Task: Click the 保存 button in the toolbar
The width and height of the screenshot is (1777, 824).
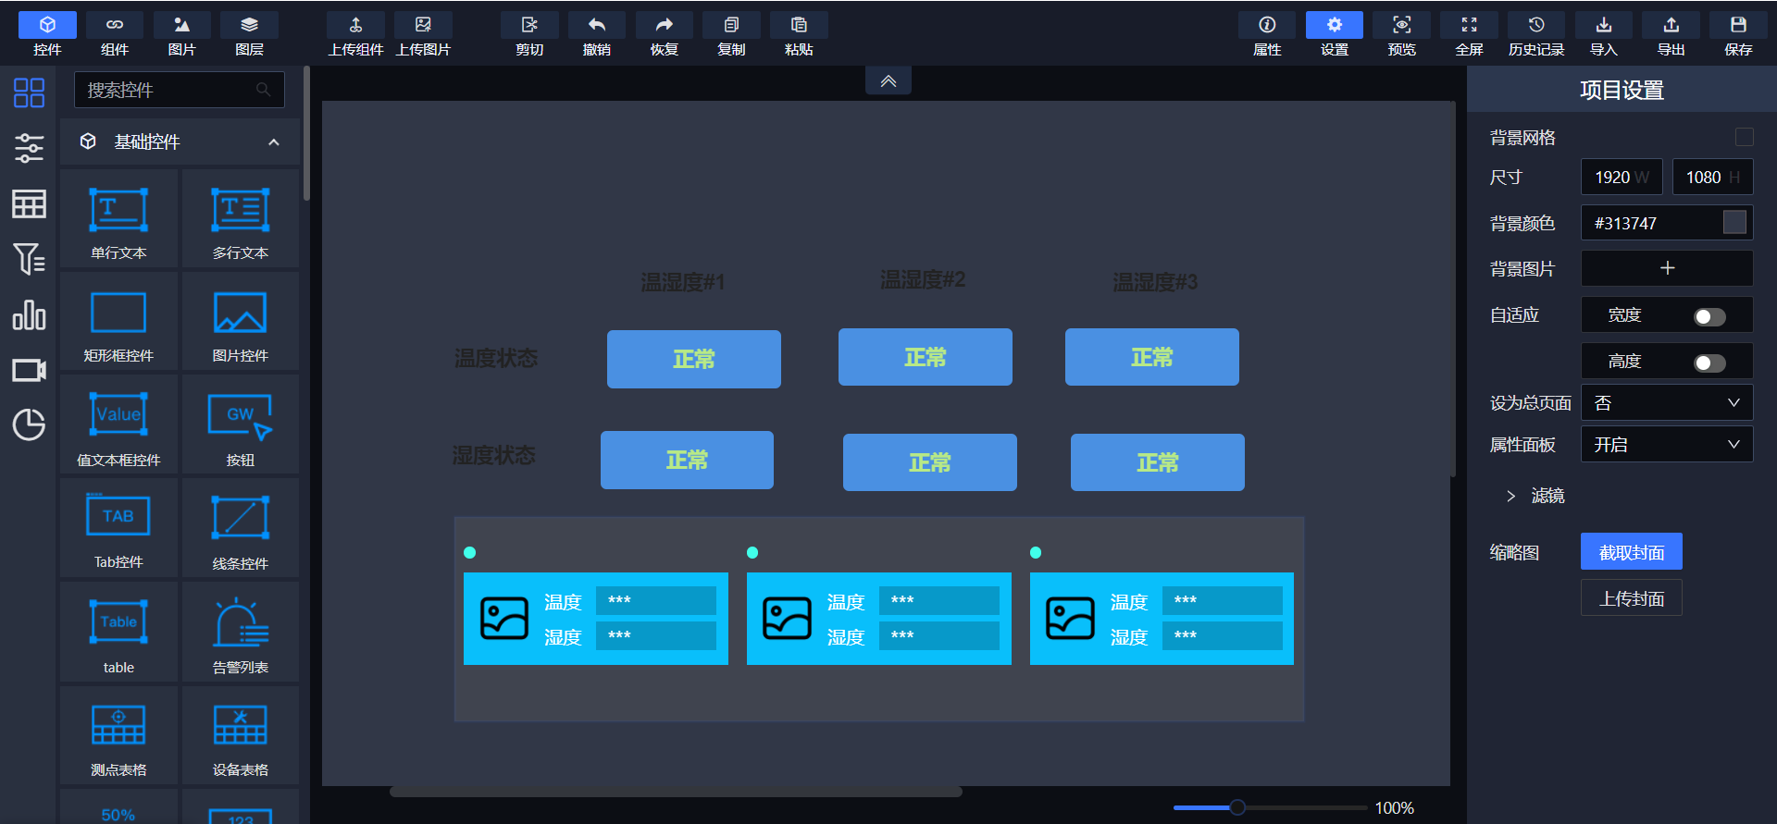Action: point(1737,34)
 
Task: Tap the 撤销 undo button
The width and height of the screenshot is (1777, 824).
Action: point(596,34)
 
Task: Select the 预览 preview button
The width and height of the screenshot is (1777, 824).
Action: point(1401,34)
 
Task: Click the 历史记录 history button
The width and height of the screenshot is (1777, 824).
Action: point(1535,34)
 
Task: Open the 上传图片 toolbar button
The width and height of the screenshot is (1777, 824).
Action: point(423,34)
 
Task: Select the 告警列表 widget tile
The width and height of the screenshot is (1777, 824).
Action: point(240,633)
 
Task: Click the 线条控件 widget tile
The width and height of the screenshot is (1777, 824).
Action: point(240,530)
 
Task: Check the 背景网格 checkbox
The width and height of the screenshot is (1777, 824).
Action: point(1744,137)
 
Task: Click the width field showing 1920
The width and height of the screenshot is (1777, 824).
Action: point(1620,177)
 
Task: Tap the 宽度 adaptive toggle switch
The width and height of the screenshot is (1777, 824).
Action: point(1709,317)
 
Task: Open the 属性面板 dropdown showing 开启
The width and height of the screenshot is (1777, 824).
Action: point(1666,445)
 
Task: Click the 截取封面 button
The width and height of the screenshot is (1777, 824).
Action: point(1631,552)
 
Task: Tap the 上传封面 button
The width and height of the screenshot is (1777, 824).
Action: point(1631,598)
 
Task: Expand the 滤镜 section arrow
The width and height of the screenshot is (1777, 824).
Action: point(1510,497)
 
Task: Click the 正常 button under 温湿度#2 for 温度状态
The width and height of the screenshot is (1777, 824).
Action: point(925,357)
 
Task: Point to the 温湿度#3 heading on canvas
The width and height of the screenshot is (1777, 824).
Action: point(1154,282)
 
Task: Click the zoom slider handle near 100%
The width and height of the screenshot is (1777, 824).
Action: point(1237,807)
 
